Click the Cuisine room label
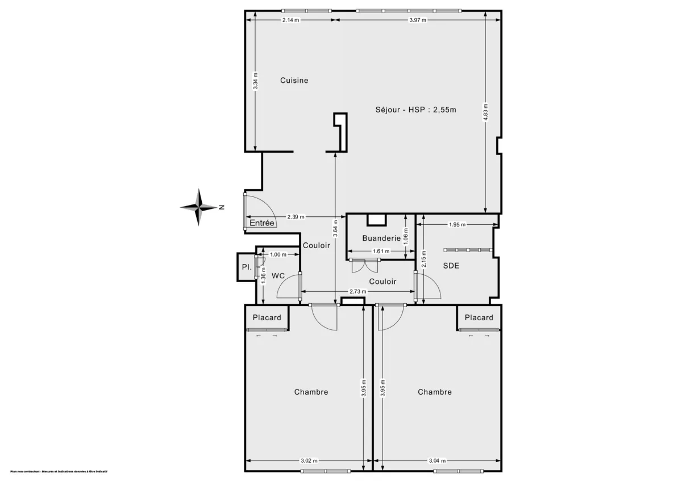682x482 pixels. (x=294, y=81)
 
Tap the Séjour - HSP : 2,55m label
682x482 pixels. (x=415, y=110)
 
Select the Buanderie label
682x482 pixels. (x=381, y=238)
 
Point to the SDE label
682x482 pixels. (x=451, y=265)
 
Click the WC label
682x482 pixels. (x=278, y=276)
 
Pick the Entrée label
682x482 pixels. (x=262, y=224)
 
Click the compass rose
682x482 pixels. (x=199, y=207)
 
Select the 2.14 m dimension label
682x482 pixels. (x=290, y=20)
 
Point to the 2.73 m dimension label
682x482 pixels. (x=357, y=292)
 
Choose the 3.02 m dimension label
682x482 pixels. (x=309, y=460)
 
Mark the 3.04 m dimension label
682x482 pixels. (x=436, y=460)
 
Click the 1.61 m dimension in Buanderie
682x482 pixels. (x=380, y=251)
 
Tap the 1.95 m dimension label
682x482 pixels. (x=457, y=225)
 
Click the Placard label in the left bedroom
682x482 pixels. (x=267, y=318)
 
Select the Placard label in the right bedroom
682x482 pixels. (x=479, y=318)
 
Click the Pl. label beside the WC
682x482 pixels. (x=246, y=267)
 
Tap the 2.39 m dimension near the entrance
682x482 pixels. (x=296, y=217)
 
